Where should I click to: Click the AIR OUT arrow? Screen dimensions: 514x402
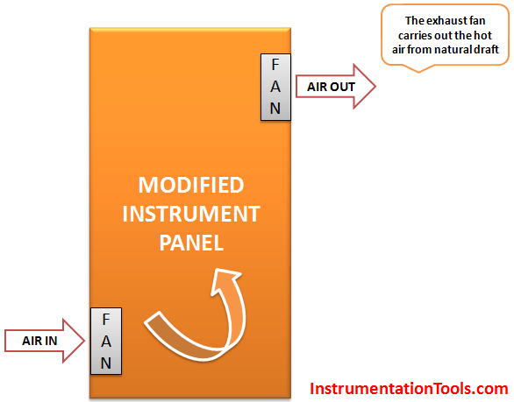(x=336, y=87)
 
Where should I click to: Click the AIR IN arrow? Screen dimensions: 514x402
(x=45, y=341)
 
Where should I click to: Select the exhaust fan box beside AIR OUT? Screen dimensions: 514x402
(x=275, y=87)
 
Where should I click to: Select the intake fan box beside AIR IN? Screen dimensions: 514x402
(x=106, y=341)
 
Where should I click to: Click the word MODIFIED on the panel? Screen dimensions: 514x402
(x=191, y=185)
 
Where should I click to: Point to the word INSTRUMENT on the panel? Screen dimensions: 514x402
(x=191, y=214)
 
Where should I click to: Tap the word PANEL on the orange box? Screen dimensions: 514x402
(x=191, y=243)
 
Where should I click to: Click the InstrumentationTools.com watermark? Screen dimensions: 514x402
(x=409, y=389)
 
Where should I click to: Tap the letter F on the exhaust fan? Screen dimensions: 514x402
(x=275, y=65)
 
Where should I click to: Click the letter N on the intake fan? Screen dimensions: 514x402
(x=106, y=363)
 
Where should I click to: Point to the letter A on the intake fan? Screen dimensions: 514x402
(x=106, y=342)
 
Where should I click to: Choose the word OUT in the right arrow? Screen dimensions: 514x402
(x=342, y=87)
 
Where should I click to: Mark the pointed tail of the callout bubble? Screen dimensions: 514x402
(x=418, y=73)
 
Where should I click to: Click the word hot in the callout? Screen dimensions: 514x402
(x=483, y=35)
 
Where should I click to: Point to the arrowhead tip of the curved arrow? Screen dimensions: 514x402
(x=217, y=269)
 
